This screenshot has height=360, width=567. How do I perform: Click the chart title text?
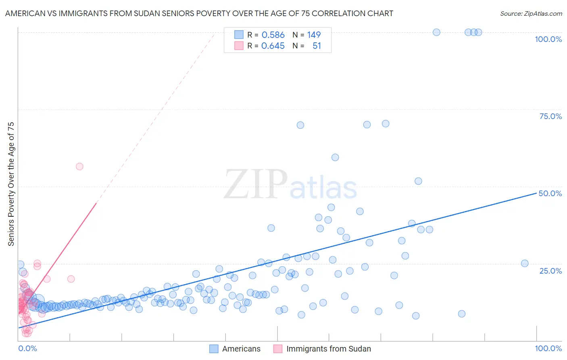click(x=199, y=13)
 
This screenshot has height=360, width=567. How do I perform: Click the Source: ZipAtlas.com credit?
click(x=531, y=13)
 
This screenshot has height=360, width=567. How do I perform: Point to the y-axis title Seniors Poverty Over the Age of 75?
click(x=11, y=184)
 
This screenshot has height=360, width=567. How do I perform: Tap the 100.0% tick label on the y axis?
click(x=548, y=39)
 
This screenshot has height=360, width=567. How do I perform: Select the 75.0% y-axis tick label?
click(x=550, y=116)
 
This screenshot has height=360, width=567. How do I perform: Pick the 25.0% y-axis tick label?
click(x=550, y=270)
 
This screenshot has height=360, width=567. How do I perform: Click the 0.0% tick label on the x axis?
click(x=27, y=348)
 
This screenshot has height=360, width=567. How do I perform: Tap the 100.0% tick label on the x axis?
click(x=548, y=348)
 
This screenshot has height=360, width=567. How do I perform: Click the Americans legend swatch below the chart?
click(x=214, y=349)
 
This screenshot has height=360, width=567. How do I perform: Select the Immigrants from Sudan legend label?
click(x=328, y=349)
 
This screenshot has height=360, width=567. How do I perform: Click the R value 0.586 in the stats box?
click(x=273, y=35)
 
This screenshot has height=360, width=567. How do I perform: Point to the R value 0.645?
click(x=273, y=46)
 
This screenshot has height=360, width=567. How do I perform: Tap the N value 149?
click(x=314, y=35)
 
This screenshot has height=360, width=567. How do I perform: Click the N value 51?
click(x=317, y=46)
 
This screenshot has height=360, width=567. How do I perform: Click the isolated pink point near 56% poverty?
click(x=79, y=167)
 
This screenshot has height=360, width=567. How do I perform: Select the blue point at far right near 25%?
click(x=525, y=264)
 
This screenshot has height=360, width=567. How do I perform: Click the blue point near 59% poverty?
click(x=335, y=157)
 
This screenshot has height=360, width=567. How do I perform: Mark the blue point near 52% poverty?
click(x=418, y=181)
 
